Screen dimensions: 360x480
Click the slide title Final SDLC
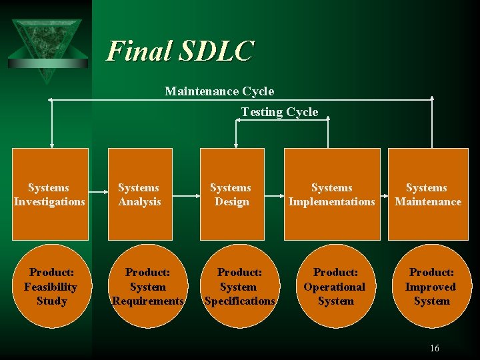[x=180, y=51]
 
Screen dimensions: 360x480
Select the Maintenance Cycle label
[x=219, y=91]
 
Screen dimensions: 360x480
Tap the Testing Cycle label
[x=279, y=112]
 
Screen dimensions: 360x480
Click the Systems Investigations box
[x=50, y=194]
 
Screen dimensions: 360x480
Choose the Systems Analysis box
[x=139, y=194]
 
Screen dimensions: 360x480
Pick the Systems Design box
[x=231, y=194]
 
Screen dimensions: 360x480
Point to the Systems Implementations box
[x=332, y=194]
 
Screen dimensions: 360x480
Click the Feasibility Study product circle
[x=51, y=287]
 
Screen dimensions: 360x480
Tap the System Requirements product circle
[x=147, y=287]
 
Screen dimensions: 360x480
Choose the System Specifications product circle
[x=239, y=287]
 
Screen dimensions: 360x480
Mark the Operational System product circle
[x=335, y=287]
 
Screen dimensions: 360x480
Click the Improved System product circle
[x=431, y=287]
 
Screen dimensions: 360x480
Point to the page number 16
[x=435, y=348]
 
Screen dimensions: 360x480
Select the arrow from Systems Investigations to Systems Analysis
[x=98, y=195]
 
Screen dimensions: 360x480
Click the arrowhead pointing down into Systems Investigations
[x=51, y=144]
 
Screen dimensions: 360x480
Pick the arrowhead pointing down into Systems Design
[x=235, y=144]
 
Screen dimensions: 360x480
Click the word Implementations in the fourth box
[x=332, y=201]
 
